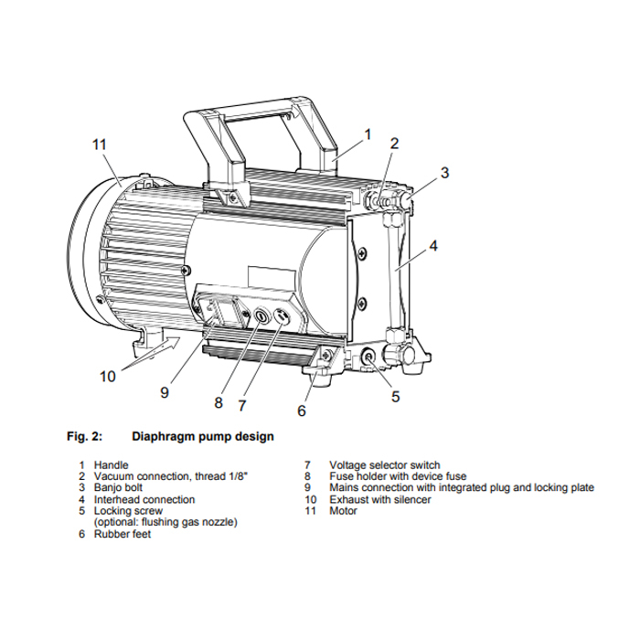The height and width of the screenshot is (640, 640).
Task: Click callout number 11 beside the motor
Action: click(99, 144)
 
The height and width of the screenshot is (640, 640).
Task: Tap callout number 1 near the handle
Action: click(368, 134)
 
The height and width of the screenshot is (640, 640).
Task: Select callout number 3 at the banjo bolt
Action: click(444, 173)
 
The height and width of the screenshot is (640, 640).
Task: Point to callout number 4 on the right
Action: click(433, 246)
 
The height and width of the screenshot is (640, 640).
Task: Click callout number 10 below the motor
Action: click(108, 377)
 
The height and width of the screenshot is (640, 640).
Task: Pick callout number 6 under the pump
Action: click(301, 411)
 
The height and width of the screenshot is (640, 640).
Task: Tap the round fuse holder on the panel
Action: click(261, 315)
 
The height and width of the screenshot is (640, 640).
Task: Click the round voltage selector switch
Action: click(281, 315)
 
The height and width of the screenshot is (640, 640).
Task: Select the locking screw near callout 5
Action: click(368, 357)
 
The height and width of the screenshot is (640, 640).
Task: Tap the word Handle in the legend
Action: click(111, 464)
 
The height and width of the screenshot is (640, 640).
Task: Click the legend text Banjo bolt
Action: click(118, 487)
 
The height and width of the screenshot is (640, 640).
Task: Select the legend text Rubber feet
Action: click(123, 534)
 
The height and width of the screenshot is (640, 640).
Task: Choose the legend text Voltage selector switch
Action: click(385, 464)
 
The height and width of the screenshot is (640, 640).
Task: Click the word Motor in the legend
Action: click(343, 510)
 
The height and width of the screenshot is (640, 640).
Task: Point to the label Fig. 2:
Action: click(84, 436)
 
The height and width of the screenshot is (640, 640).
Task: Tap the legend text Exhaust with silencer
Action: click(380, 499)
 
